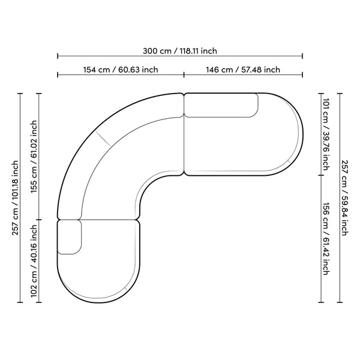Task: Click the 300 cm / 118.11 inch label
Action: pyautogui.click(x=180, y=51)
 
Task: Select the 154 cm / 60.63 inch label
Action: pyautogui.click(x=121, y=70)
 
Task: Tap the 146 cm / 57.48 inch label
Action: pyautogui.click(x=243, y=70)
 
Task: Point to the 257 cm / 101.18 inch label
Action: pyautogui.click(x=15, y=197)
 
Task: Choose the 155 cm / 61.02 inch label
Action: pyautogui.click(x=34, y=157)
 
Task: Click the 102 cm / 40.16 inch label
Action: pyautogui.click(x=34, y=261)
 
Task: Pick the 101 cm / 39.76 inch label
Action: pyautogui.click(x=326, y=134)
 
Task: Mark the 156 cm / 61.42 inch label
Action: pyautogui.click(x=326, y=239)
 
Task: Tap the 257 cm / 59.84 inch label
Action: pyautogui.click(x=345, y=197)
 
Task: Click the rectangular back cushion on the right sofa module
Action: pyautogui.click(x=221, y=106)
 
